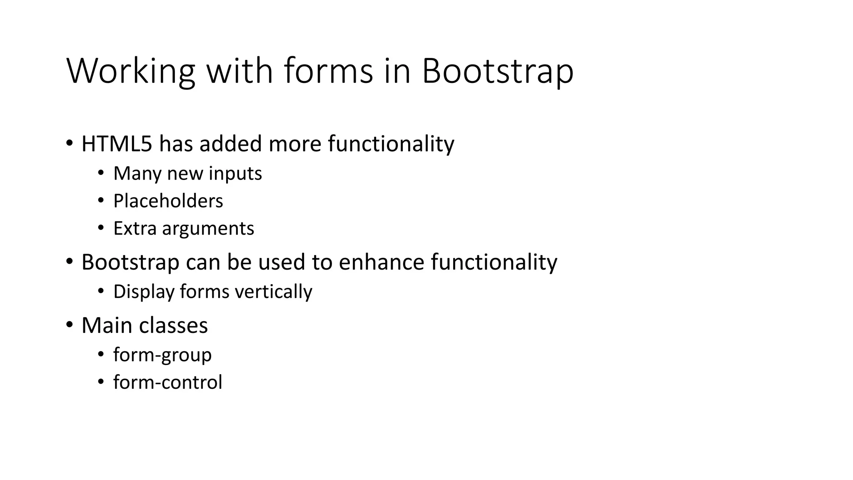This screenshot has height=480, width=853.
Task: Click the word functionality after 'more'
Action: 391,144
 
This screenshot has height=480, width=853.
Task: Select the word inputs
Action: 235,173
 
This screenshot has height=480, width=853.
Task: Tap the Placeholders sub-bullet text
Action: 168,201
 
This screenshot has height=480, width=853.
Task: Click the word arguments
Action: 208,229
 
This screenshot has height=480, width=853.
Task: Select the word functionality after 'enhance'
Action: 494,262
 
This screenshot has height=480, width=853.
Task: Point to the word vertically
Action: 273,291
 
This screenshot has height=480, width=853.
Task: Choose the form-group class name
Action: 162,355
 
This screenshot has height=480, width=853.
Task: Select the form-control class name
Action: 167,382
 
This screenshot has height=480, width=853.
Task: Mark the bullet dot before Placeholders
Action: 101,201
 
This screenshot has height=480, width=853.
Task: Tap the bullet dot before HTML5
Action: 69,143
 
